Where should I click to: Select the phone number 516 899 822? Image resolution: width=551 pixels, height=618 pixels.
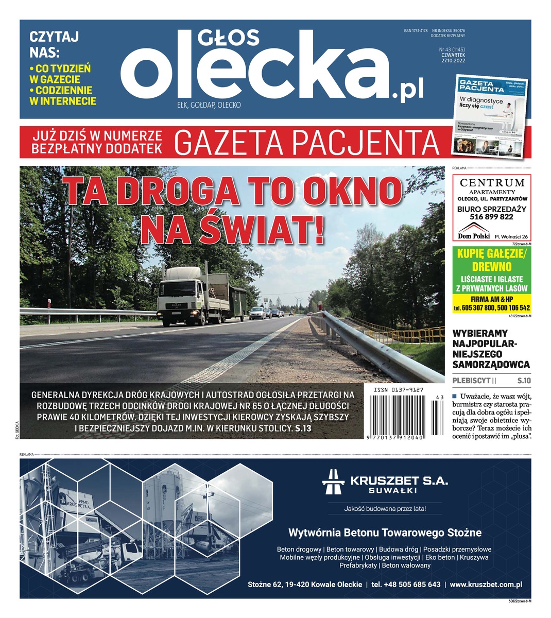click(492, 217)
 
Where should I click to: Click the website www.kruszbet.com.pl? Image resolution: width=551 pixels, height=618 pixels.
click(486, 585)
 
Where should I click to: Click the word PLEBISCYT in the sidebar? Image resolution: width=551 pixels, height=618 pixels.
click(471, 381)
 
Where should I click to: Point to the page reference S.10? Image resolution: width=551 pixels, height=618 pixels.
click(523, 381)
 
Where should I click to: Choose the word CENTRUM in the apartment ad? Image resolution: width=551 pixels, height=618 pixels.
click(492, 183)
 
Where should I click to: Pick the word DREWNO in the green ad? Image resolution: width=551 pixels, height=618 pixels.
click(492, 267)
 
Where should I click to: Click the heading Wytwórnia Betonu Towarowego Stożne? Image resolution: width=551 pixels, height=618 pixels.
click(385, 532)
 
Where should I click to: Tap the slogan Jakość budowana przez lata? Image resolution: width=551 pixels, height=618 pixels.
click(385, 509)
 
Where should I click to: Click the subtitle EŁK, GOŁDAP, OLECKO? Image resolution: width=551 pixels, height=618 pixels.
click(209, 105)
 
